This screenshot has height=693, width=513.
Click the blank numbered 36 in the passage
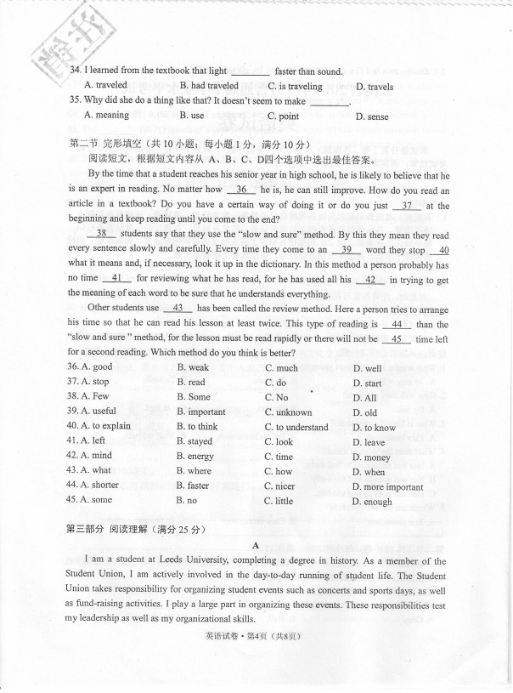(241, 190)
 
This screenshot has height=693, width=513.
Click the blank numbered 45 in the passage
(397, 338)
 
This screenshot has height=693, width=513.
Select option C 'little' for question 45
(284, 502)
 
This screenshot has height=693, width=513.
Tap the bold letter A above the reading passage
(256, 546)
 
